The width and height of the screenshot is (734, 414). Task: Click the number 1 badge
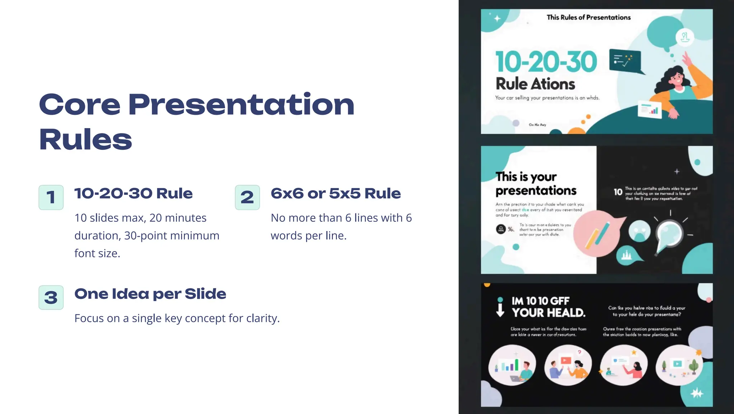click(51, 197)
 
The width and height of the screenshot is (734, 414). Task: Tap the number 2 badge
click(247, 197)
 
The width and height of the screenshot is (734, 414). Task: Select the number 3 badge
click(51, 297)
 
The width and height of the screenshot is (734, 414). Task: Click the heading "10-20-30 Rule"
click(133, 193)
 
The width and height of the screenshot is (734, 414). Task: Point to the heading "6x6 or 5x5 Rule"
click(335, 193)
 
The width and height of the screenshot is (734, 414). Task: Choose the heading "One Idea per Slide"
click(150, 294)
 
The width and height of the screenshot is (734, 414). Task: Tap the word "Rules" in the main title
click(86, 140)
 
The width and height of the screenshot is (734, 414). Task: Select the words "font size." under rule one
click(97, 253)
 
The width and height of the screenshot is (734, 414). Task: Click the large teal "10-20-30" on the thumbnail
click(546, 62)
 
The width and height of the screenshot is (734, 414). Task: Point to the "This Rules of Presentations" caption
click(588, 17)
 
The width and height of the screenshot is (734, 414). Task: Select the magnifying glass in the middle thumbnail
click(669, 234)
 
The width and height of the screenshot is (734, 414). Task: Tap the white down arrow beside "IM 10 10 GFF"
click(500, 307)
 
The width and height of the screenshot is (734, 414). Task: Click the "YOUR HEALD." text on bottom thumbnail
click(548, 312)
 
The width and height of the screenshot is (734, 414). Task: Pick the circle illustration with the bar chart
click(512, 365)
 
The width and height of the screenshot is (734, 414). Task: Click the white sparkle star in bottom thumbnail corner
click(697, 393)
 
